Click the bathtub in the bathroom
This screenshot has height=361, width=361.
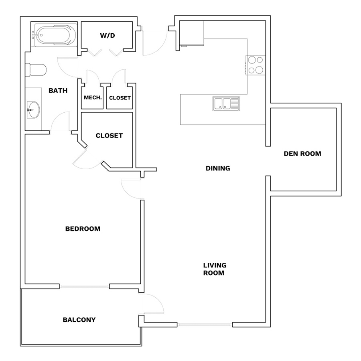click(54, 35)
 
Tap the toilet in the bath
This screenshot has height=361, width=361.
click(36, 70)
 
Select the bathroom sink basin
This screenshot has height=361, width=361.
click(33, 110)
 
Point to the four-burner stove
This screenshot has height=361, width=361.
click(256, 65)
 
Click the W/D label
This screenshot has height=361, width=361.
click(107, 35)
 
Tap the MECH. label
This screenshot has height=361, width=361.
click(93, 97)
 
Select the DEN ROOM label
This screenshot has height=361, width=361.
click(302, 154)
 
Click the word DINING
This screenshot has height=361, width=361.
click(218, 168)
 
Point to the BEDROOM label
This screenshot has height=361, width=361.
click(83, 229)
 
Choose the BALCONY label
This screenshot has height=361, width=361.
click(79, 320)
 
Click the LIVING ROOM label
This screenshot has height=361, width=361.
click(215, 269)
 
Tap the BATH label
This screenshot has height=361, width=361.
click(58, 91)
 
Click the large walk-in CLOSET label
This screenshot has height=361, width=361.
click(109, 136)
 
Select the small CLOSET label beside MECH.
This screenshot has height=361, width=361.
click(120, 98)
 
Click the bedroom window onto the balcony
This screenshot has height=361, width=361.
click(85, 286)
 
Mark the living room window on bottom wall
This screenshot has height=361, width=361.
click(205, 324)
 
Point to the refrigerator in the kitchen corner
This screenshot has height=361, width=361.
click(192, 33)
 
